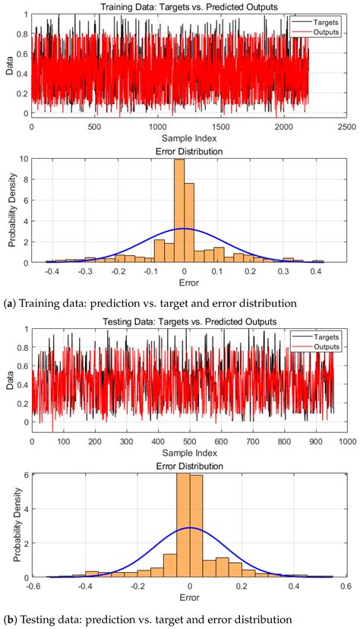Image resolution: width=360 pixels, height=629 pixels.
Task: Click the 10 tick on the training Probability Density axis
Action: pos(25,159)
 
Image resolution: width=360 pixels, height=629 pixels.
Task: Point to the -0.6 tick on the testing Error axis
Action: pos(31,587)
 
